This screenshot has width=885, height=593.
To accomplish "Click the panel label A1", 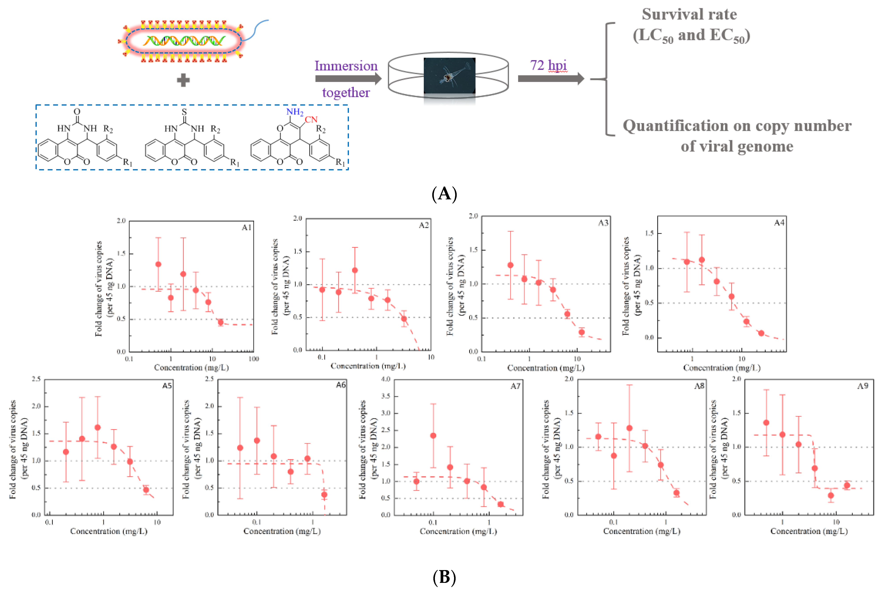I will pos(246,227).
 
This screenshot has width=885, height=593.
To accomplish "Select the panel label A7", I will pos(515,386).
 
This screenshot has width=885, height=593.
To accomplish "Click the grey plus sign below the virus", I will pos(183,80).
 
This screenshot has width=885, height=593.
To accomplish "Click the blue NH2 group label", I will pos(295,112).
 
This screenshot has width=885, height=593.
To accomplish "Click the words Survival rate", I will pos(689,14).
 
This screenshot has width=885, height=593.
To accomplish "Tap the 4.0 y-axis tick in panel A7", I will pos(386,379).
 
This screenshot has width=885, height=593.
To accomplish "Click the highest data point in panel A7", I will pos(433,436).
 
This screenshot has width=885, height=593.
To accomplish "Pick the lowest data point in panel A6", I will pos(324,495).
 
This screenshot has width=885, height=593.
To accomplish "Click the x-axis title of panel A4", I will pos(722,368).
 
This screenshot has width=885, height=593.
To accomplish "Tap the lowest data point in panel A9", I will pos(831,496).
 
